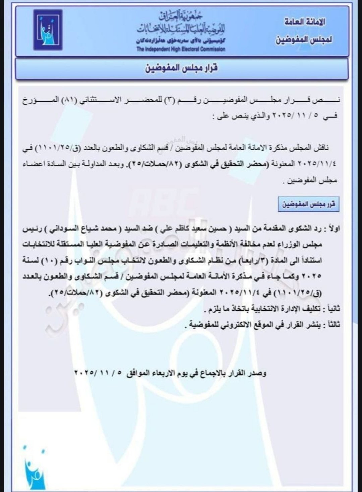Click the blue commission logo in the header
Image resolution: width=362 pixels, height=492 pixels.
(x=48, y=30)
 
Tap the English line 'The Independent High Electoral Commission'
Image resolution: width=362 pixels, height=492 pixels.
(x=181, y=49)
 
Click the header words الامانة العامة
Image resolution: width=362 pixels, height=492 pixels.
(x=305, y=22)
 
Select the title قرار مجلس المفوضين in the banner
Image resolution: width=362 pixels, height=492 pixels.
(x=181, y=68)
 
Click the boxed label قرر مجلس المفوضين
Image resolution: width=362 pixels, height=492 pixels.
(x=309, y=204)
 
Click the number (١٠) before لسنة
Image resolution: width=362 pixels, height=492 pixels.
(x=52, y=260)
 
